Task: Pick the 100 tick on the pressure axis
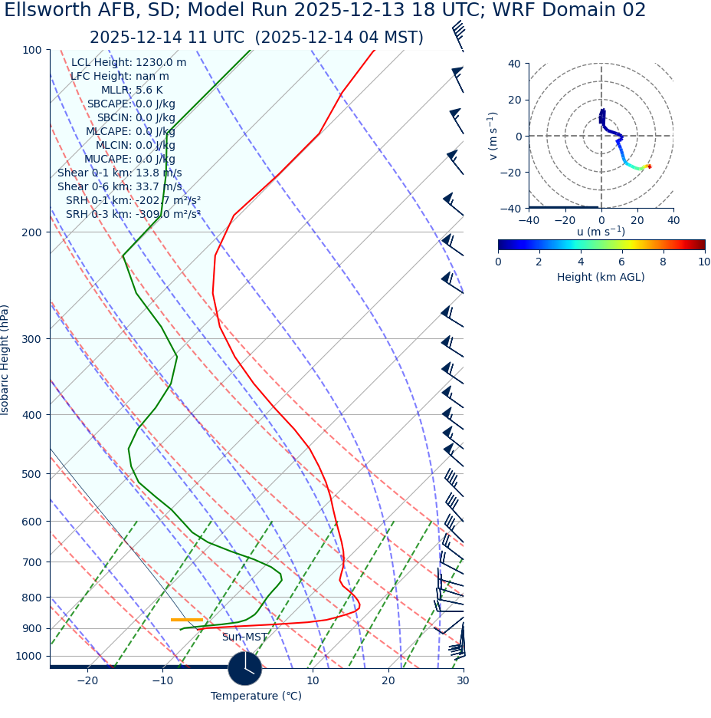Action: pyautogui.click(x=31, y=51)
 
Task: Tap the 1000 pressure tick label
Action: pyautogui.click(x=28, y=657)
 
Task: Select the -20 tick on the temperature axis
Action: pyautogui.click(x=87, y=680)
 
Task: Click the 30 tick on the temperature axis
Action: pyautogui.click(x=463, y=680)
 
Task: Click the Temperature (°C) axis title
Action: pyautogui.click(x=256, y=697)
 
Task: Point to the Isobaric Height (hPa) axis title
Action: pyautogui.click(x=5, y=360)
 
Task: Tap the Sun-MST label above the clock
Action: pyautogui.click(x=244, y=637)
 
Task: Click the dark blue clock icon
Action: pyautogui.click(x=245, y=668)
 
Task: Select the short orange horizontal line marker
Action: pyautogui.click(x=187, y=619)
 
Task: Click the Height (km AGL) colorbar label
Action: pyautogui.click(x=601, y=278)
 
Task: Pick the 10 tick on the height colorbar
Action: pyautogui.click(x=703, y=262)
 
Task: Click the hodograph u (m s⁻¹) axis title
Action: pyautogui.click(x=601, y=232)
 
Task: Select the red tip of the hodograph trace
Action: pyautogui.click(x=650, y=166)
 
